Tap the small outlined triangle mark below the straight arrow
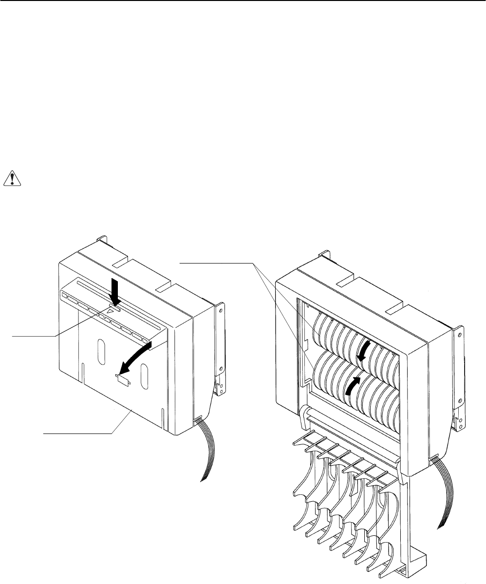pos(113,309)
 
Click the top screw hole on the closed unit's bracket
pos(220,309)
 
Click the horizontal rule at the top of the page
pos(243,1)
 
